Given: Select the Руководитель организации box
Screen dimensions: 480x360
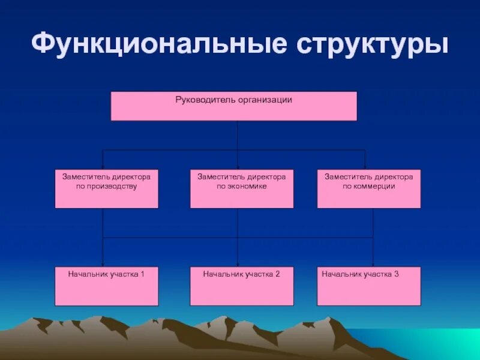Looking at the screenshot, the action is click(x=233, y=106).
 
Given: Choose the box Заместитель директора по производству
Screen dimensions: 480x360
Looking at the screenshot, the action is click(x=107, y=189).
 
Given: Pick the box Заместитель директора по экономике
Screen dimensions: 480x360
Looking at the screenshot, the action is click(x=242, y=189).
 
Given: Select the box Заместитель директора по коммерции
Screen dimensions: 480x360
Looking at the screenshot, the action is click(x=369, y=189).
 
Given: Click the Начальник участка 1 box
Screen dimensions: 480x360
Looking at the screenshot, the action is click(x=107, y=286).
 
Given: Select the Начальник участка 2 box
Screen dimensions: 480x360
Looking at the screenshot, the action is click(x=242, y=286).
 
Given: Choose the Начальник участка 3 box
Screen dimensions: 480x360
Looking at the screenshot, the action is click(x=369, y=286).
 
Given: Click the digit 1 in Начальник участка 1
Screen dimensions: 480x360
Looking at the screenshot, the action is click(x=142, y=274).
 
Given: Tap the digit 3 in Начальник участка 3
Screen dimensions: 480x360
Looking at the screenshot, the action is click(x=397, y=274).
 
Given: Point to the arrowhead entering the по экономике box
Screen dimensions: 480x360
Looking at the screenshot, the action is click(x=238, y=167).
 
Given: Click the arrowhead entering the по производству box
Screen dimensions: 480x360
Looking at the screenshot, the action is click(x=103, y=167).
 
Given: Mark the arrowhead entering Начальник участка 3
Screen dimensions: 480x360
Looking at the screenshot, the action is click(x=373, y=264).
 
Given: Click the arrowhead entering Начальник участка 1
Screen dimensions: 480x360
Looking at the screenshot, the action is click(x=103, y=264).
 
